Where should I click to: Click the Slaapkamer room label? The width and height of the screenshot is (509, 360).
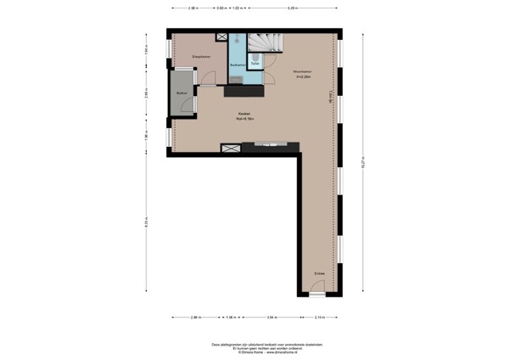pos(188,58)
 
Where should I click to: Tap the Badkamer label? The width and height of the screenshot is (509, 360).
pos(238,65)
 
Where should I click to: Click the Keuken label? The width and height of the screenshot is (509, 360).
pos(243,116)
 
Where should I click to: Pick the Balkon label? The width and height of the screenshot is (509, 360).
pos(182,93)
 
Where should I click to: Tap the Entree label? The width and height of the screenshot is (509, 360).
pos(319,273)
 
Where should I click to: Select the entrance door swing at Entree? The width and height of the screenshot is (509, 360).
pos(316,289)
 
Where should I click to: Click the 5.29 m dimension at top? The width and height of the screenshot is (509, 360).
pos(292,8)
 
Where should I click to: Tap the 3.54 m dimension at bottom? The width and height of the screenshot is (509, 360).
pos(271,318)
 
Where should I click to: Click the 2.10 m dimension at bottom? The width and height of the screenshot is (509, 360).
pos(318,318)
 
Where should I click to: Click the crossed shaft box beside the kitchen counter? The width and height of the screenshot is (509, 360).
pos(229,149)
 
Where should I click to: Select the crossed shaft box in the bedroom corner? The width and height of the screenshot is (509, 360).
pos(222,37)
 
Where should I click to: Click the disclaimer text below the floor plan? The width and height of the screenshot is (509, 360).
pos(254,346)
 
